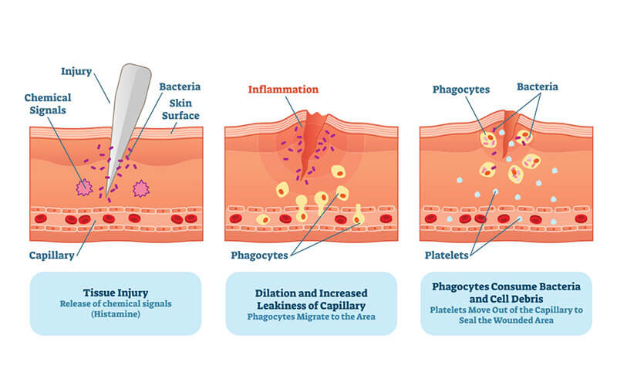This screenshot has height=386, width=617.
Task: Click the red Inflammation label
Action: tap(283, 90)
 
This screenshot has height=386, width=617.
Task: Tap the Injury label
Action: tap(76, 72)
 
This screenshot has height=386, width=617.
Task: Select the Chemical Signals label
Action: tap(48, 103)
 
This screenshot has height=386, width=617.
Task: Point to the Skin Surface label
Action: tap(180, 109)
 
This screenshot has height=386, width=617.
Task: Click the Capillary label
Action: tap(52, 256)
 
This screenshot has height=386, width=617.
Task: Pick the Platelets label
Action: tap(447, 256)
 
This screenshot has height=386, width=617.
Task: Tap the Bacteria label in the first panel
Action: tap(180, 86)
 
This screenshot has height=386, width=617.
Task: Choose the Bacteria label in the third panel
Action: tap(538, 86)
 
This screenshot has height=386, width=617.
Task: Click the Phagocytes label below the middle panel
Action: tap(259, 256)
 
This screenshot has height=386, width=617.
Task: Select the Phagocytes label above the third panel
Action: tap(461, 90)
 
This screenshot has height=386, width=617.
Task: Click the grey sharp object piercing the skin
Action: tap(126, 118)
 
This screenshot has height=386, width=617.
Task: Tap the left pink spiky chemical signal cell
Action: tap(84, 188)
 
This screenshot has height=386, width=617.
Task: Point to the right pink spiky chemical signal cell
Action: tap(141, 188)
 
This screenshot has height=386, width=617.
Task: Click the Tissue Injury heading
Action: tap(116, 293)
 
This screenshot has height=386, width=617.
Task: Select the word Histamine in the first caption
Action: tap(116, 314)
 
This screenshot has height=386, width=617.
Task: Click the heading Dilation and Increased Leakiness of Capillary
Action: tap(312, 300)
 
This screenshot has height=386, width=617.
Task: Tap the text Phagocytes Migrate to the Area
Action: tap(312, 317)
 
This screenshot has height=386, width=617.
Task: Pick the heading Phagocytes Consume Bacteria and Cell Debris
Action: tap(507, 293)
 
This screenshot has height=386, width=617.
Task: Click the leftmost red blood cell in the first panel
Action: tap(41, 218)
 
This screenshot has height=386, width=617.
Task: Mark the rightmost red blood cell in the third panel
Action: tap(582, 218)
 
